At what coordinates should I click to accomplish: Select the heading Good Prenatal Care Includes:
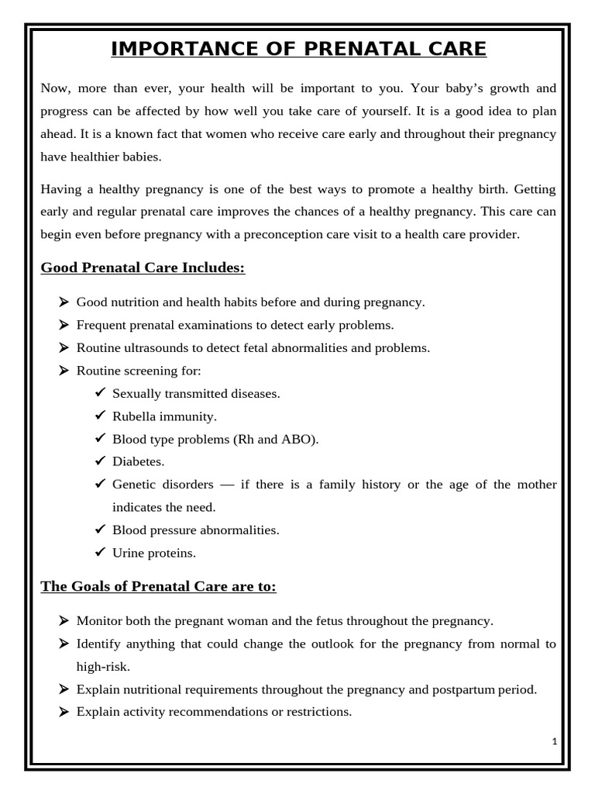coord(143,268)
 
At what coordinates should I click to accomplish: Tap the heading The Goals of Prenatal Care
coord(158,587)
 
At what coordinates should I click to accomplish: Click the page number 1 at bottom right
coord(555,741)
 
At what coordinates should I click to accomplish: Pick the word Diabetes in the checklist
coord(139,461)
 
